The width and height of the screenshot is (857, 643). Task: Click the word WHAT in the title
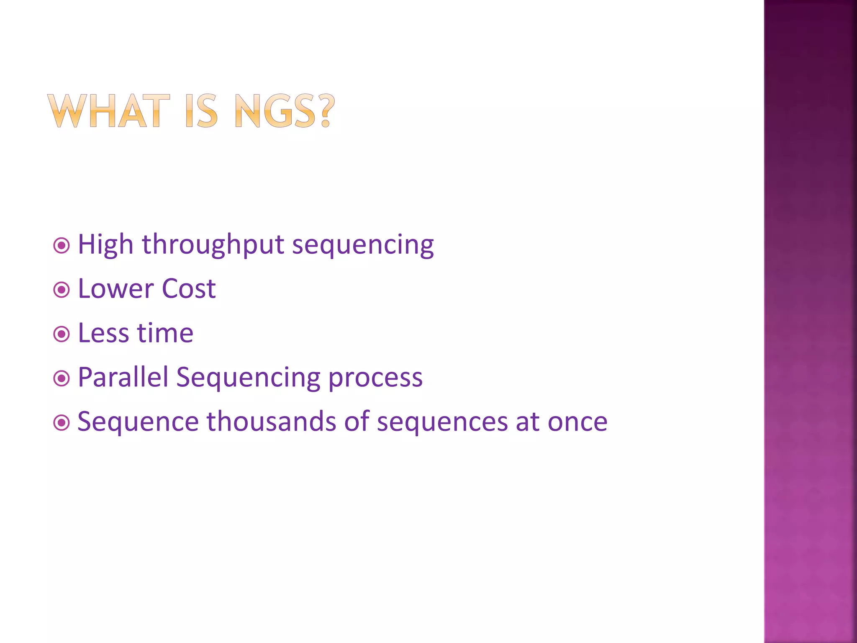coord(109,111)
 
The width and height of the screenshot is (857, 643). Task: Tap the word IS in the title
coord(201,111)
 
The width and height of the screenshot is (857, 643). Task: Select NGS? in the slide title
coord(285,111)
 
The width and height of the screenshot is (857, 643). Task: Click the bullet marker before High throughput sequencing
coord(62,245)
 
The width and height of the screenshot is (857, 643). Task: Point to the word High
coord(105,244)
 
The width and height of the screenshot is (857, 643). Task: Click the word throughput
coord(213,245)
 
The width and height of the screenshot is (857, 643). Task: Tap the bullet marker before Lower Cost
coord(62,290)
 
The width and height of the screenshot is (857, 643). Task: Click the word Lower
coord(116,289)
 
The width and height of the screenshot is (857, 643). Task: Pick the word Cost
coord(189,289)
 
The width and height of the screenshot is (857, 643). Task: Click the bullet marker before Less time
coord(62,334)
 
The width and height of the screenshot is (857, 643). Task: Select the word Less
coord(103,333)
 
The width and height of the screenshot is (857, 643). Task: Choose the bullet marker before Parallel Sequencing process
coord(62,378)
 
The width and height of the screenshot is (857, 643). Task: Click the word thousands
coord(271,422)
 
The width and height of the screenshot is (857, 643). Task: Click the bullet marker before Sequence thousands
coord(62,422)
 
